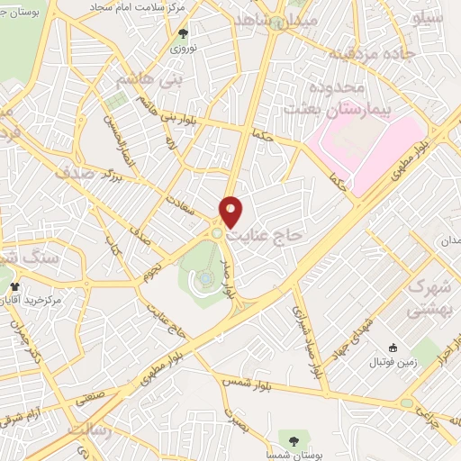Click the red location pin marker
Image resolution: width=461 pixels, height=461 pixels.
coord(231,211)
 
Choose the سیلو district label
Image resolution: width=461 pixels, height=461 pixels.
coord(427,17)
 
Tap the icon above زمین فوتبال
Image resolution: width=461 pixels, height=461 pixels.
coord(392,348)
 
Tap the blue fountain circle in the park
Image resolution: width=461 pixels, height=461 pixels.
coord(206,279)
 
